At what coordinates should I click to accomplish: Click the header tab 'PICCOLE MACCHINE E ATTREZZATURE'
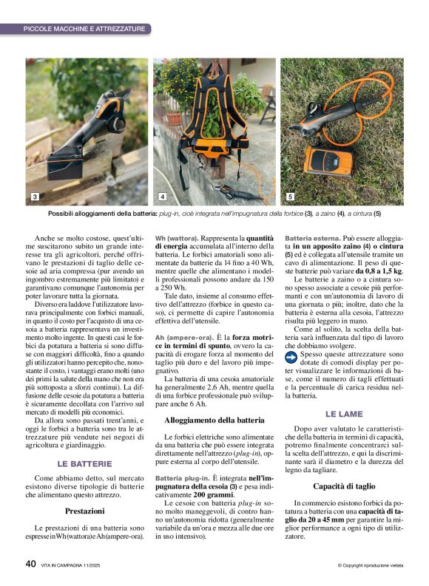84,28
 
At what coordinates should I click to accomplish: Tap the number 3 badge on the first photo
35,197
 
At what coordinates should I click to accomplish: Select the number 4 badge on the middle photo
163,197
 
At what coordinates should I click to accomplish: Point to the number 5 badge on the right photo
290,197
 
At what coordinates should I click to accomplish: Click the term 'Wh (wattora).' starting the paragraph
176,239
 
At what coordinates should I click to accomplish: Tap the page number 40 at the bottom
30,564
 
